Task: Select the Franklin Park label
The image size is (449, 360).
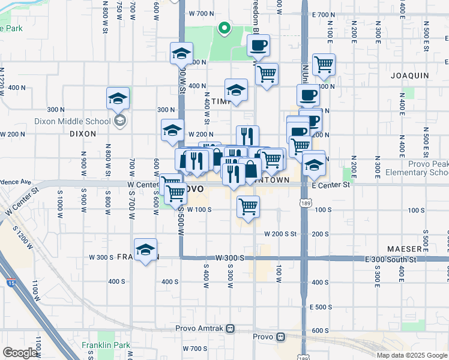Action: click(x=106, y=346)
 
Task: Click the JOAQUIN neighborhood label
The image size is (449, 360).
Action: click(x=409, y=76)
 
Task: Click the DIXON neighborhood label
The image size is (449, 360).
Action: click(x=83, y=134)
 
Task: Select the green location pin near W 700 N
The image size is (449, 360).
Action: click(x=223, y=28)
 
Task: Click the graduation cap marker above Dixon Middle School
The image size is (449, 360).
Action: click(x=118, y=98)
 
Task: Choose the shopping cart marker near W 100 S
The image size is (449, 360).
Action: click(x=248, y=207)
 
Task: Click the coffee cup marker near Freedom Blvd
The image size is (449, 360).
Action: click(x=258, y=46)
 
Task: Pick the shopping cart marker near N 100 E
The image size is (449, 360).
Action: click(x=324, y=64)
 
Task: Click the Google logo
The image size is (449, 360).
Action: click(x=20, y=353)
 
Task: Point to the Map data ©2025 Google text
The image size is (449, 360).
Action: click(x=411, y=355)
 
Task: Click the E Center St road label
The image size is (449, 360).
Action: click(x=330, y=185)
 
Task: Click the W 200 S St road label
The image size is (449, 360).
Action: click(x=280, y=234)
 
